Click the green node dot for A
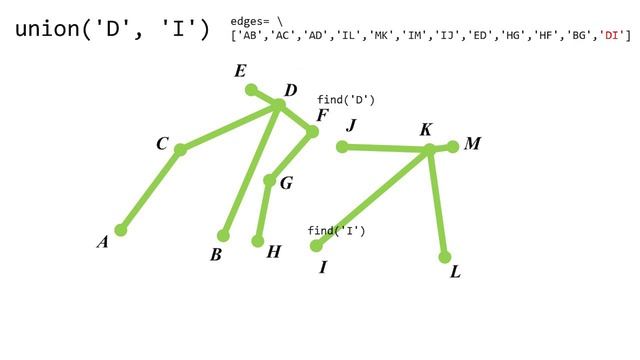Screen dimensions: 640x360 click(121, 230)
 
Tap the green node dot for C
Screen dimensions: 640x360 click(180, 150)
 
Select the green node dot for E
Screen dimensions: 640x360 click(251, 89)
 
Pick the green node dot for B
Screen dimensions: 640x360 click(223, 236)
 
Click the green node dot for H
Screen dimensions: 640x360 click(258, 241)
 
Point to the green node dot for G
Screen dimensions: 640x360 click(269, 181)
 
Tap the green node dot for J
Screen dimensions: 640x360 click(342, 147)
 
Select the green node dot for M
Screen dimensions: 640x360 click(453, 146)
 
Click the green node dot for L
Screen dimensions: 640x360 click(445, 257)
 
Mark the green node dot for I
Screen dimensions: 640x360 click(316, 246)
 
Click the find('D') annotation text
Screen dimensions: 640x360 click(346, 100)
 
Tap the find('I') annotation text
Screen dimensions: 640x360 click(336, 231)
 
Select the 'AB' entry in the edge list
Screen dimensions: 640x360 click(249, 36)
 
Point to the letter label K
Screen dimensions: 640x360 click(426, 130)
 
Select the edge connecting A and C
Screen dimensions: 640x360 click(150, 190)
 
